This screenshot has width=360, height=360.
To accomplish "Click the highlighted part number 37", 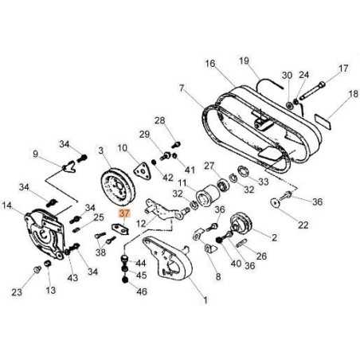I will [123, 214].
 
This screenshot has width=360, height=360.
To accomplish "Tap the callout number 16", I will [209, 63].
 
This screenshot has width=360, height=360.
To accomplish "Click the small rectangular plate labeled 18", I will [320, 119].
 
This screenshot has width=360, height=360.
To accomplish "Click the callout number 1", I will [205, 300].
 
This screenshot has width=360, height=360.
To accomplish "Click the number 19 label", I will [244, 60].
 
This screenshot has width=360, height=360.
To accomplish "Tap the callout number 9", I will [35, 154].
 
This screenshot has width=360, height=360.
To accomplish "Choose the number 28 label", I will [159, 120].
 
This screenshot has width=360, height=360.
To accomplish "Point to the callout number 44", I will [141, 262].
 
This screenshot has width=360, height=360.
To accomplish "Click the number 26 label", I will [262, 256].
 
